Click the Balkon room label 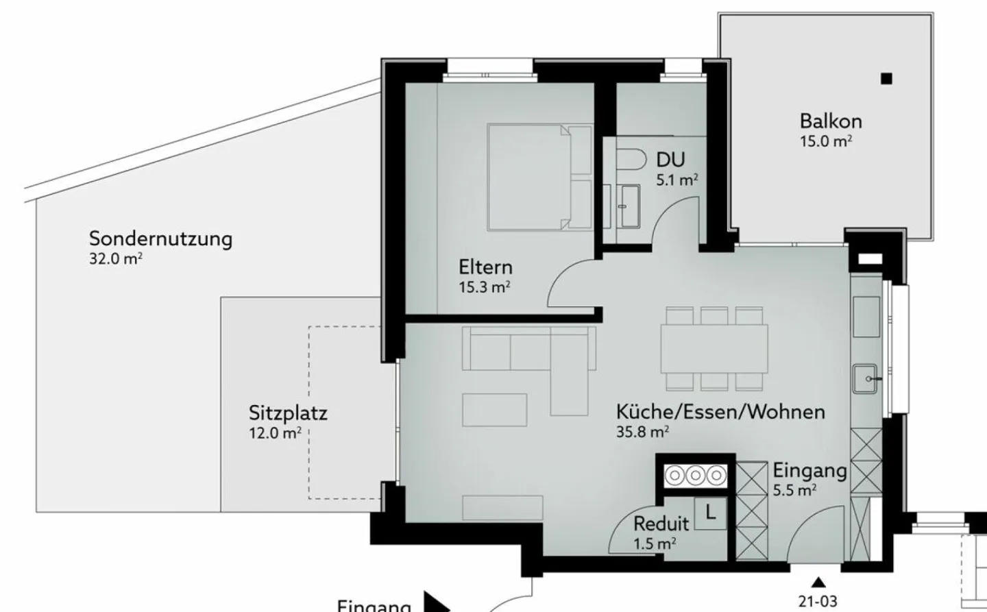(830, 121)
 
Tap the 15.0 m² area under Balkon (825, 142)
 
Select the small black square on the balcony (887, 78)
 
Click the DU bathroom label (670, 160)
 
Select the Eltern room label (485, 267)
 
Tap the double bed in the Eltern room (539, 177)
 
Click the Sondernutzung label (160, 239)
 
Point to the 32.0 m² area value (116, 259)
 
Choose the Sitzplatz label (288, 413)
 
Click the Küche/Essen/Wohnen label (720, 412)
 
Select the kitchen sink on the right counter (866, 378)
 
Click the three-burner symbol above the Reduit (696, 475)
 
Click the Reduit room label (661, 524)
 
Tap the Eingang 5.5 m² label (809, 479)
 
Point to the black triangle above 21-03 (817, 583)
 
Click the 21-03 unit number (817, 602)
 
